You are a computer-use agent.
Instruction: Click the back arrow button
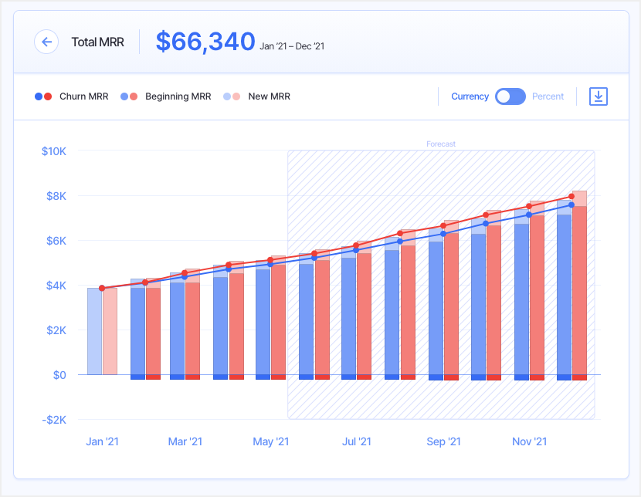46,42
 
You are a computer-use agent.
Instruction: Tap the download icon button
599,96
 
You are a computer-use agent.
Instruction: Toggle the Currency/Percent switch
510,96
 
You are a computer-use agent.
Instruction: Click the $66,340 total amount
205,42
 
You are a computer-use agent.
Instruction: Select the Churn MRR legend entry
72,96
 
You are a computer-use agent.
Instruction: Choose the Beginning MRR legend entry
166,96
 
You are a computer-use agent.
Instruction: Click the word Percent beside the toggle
548,96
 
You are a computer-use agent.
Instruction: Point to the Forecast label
441,144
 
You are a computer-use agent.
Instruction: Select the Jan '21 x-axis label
102,442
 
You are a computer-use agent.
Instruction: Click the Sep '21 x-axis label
443,442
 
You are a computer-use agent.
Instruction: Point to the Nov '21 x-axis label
529,442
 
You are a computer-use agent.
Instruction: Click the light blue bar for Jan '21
94,332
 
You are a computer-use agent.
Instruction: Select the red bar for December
579,293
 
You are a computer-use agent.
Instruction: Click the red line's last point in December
571,197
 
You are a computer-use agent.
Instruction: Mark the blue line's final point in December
571,205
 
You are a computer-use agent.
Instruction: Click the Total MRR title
97,42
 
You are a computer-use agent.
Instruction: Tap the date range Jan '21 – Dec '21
292,46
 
